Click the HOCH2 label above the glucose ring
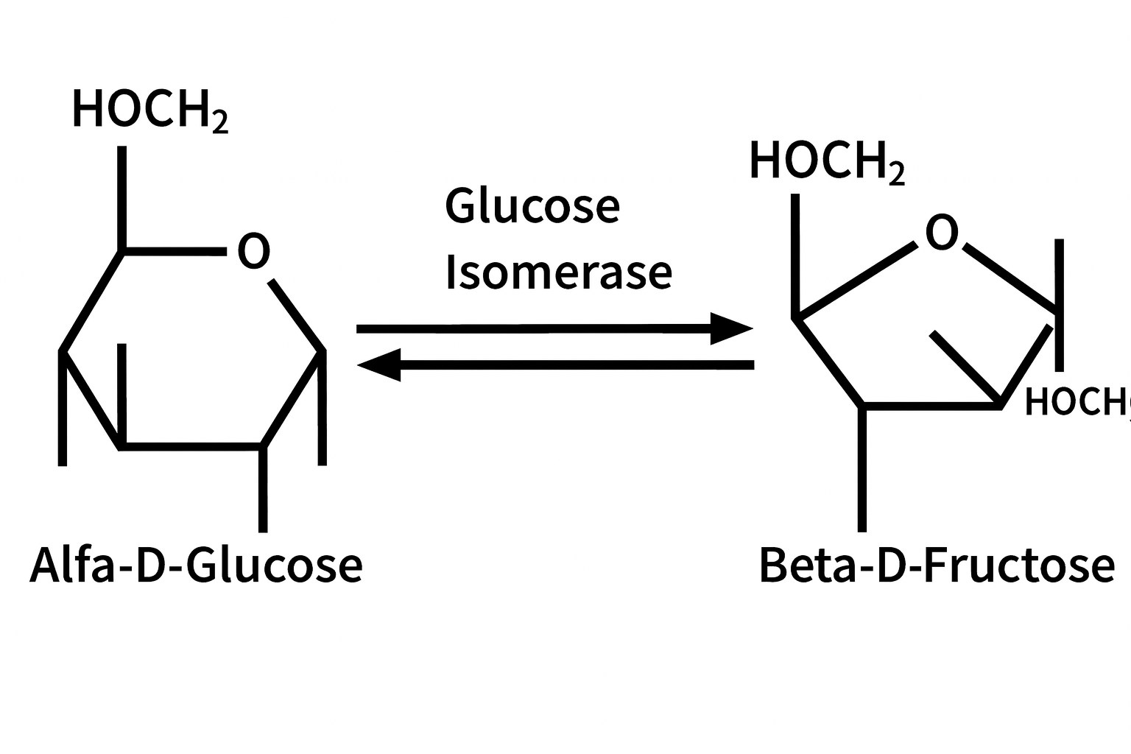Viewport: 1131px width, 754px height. [x=149, y=110]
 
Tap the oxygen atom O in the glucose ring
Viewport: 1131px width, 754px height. [x=253, y=251]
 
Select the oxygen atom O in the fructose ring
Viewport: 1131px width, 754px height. [x=942, y=233]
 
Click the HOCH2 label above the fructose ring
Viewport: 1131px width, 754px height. [x=826, y=161]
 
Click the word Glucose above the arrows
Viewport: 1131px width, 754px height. [x=532, y=206]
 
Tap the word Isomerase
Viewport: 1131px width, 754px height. [x=558, y=272]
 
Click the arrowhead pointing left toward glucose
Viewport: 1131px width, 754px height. [x=379, y=364]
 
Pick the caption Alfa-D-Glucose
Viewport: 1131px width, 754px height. [x=196, y=565]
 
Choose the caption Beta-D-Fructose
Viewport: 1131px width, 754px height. [x=936, y=565]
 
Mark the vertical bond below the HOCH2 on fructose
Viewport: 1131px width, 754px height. [x=795, y=255]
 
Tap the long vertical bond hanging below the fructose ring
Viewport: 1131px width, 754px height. [x=863, y=468]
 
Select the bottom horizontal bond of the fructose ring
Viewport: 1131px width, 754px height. [x=931, y=405]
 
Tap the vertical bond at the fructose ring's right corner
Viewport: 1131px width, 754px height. [x=1060, y=305]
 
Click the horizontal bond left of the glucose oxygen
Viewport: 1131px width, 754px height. [x=175, y=252]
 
